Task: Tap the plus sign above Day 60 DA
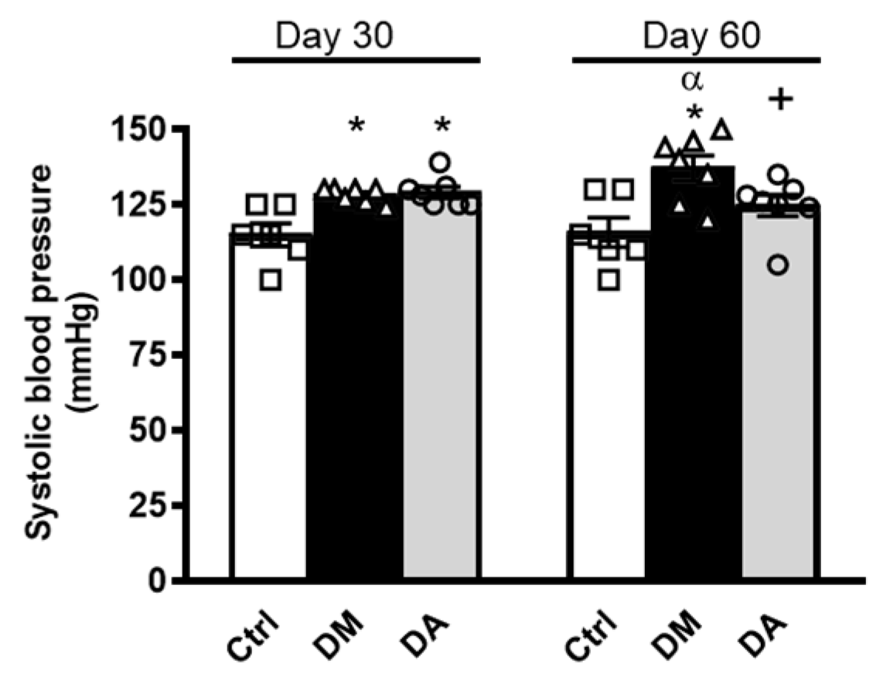[782, 101]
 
